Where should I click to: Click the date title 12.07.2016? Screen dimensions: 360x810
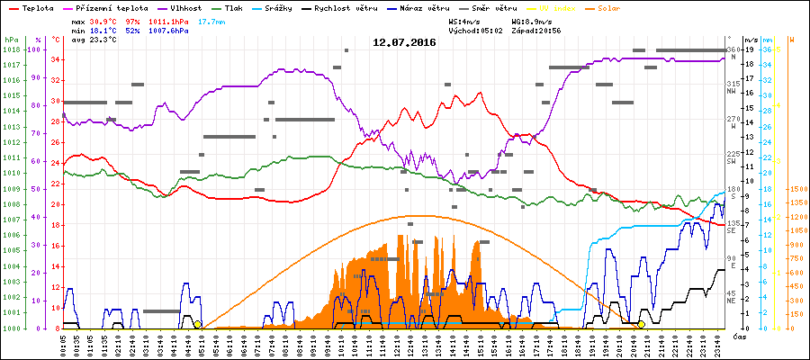click(x=404, y=42)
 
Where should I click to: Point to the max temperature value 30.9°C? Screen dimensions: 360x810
click(x=104, y=20)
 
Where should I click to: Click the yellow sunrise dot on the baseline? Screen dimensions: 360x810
click(x=197, y=324)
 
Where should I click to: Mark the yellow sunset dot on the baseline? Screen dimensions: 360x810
click(x=641, y=324)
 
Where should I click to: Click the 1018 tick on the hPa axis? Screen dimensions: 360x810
click(x=11, y=49)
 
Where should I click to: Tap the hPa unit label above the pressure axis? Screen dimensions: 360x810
click(x=10, y=40)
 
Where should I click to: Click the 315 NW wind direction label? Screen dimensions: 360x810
click(x=733, y=87)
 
